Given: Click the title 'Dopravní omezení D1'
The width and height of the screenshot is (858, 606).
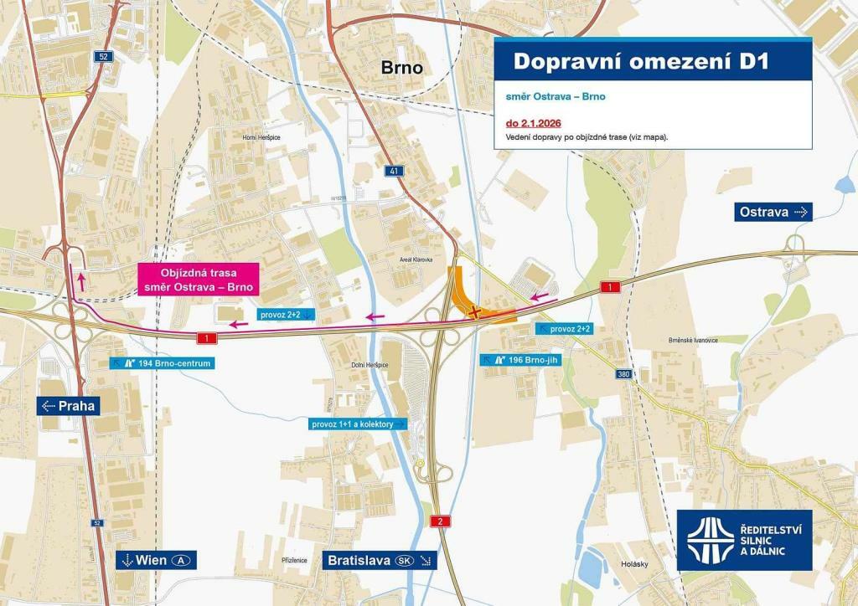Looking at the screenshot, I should [x=640, y=62].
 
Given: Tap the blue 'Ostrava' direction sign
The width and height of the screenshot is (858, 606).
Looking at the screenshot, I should [x=773, y=212].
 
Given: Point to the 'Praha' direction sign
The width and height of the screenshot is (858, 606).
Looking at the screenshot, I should [x=69, y=406].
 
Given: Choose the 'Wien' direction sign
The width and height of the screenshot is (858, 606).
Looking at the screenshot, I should [x=155, y=560].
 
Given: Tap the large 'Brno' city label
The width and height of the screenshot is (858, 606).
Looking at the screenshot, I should [x=402, y=68].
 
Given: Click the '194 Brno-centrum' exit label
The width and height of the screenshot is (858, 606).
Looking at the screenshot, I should [x=160, y=363].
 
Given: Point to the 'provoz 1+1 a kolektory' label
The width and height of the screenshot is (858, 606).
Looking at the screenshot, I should [x=358, y=424].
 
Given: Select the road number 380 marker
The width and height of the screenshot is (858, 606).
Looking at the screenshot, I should [x=623, y=374].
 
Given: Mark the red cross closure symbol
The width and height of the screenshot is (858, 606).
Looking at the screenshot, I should [x=475, y=312].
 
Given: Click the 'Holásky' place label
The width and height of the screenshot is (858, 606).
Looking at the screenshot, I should [x=634, y=564].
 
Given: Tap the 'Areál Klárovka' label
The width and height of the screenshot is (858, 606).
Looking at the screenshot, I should [x=416, y=260].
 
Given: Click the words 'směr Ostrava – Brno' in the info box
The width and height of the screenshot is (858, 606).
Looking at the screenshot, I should [x=556, y=96].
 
